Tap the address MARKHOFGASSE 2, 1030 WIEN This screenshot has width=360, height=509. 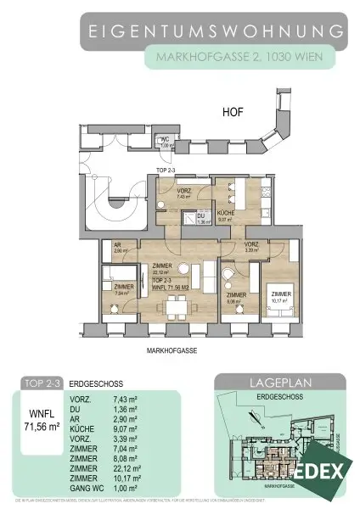pyautogui.click(x=239, y=59)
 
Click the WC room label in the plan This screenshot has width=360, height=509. pyautogui.click(x=167, y=143)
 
